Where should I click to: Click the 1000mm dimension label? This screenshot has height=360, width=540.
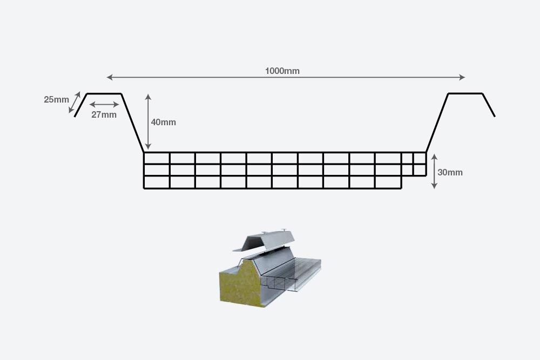click(x=282, y=71)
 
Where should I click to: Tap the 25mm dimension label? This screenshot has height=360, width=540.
click(x=56, y=99)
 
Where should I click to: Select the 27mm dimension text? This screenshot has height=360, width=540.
click(x=104, y=114)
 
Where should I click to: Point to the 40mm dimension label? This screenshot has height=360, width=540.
click(x=163, y=122)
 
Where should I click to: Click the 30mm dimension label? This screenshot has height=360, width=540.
click(x=450, y=173)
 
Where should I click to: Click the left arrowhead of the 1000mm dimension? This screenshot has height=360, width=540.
click(x=110, y=77)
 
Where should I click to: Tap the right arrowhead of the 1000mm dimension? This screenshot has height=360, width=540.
click(x=462, y=77)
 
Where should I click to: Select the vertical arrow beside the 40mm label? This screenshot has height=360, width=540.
click(x=148, y=122)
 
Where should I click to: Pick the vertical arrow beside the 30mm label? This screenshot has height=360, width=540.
click(x=434, y=171)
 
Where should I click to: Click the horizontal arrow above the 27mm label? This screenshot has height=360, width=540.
click(x=104, y=104)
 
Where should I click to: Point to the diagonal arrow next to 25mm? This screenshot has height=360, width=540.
click(x=75, y=103)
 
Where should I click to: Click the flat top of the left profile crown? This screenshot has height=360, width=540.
click(x=104, y=94)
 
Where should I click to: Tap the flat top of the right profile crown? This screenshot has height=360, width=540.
click(x=465, y=93)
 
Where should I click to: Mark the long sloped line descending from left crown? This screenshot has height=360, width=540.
click(x=133, y=123)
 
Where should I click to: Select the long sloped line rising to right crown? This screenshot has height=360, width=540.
click(x=437, y=123)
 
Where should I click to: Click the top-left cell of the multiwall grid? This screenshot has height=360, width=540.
click(x=157, y=158)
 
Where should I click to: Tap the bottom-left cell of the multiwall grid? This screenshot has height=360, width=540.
click(x=157, y=182)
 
